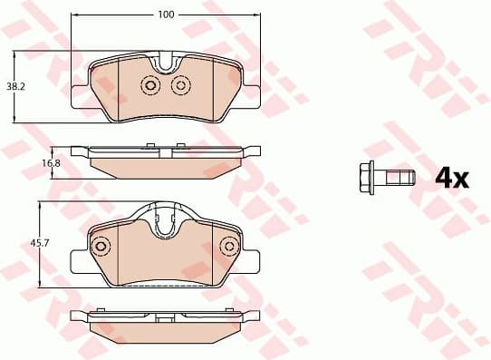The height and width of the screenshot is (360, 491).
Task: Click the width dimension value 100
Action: (x=164, y=15)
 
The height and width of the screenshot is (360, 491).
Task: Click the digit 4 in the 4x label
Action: (x=444, y=178)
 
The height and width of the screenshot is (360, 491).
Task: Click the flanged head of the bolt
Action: (x=367, y=177)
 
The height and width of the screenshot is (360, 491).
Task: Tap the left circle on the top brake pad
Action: (x=149, y=85)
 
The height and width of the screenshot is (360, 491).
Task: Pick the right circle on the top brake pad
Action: (x=179, y=85)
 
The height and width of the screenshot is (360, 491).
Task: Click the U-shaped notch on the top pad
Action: (x=164, y=65)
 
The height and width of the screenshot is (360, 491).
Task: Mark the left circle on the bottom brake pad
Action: (x=101, y=245)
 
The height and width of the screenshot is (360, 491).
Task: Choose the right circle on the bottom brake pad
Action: (x=228, y=245)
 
